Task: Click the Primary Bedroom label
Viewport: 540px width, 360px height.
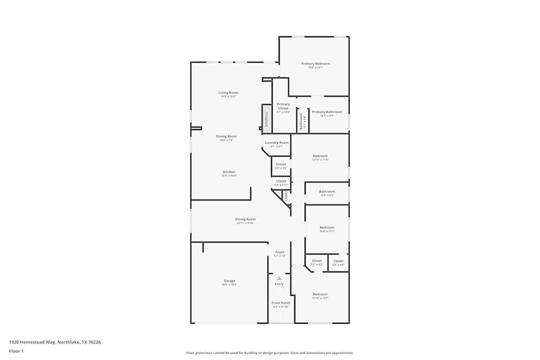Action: pyautogui.click(x=315, y=64)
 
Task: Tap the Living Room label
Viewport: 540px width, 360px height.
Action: pyautogui.click(x=228, y=92)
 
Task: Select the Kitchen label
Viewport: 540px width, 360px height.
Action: pyautogui.click(x=229, y=172)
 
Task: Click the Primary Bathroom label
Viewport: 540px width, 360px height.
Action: pyautogui.click(x=327, y=112)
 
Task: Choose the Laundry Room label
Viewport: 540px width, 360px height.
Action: pyautogui.click(x=276, y=142)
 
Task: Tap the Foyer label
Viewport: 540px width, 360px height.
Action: pyautogui.click(x=280, y=252)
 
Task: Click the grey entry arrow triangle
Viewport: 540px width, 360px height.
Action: pyautogui.click(x=279, y=278)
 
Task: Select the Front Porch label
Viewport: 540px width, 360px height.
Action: pyautogui.click(x=281, y=303)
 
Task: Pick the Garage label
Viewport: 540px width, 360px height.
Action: pyautogui.click(x=230, y=281)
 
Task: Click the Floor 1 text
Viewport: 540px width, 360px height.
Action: pyautogui.click(x=16, y=351)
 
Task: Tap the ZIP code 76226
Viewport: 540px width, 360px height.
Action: pyautogui.click(x=94, y=342)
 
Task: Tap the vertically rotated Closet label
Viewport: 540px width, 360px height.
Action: pyautogui.click(x=286, y=195)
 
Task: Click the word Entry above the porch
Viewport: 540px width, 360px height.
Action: pyautogui.click(x=279, y=284)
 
